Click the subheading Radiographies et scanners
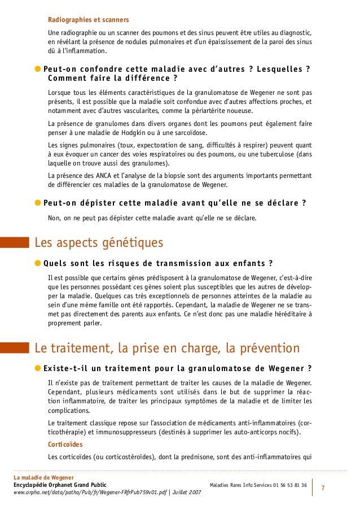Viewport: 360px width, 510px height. (88, 20)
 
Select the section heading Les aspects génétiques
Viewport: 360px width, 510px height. (99, 243)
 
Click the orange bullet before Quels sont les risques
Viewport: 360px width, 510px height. (37, 263)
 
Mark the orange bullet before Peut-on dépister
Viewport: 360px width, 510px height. (37, 203)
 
